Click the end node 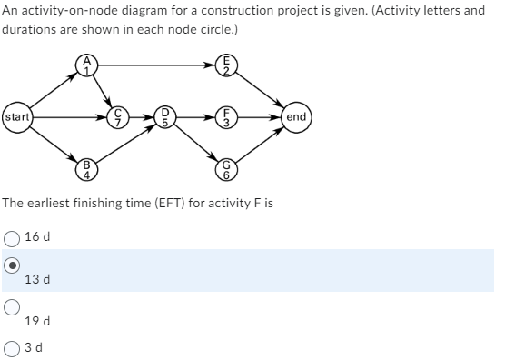point(296,117)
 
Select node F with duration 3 point(231,117)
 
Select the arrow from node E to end point(262,91)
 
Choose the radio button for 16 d point(12,236)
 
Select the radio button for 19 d point(12,305)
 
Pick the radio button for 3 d point(12,346)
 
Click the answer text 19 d point(37,321)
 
